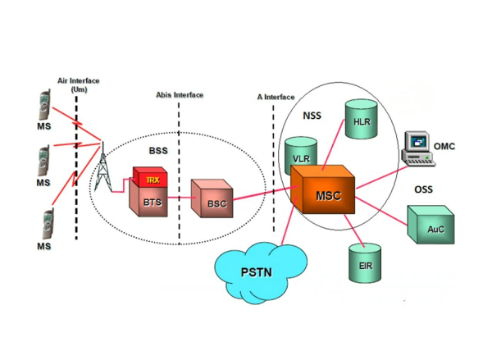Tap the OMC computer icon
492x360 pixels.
click(417, 148)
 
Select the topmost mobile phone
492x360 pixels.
click(43, 106)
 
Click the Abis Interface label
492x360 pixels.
click(180, 95)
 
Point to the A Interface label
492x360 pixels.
click(276, 96)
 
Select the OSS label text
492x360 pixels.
click(423, 189)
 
